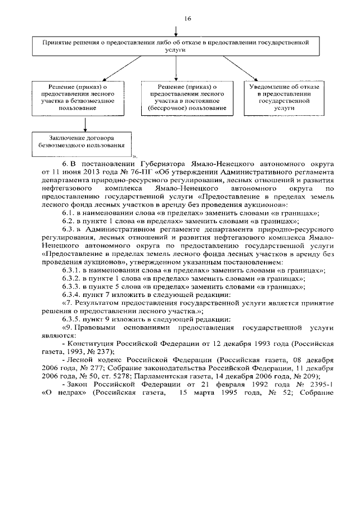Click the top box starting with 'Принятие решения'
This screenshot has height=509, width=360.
coord(177,46)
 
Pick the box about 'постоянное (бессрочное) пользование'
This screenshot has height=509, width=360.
coord(177,96)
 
